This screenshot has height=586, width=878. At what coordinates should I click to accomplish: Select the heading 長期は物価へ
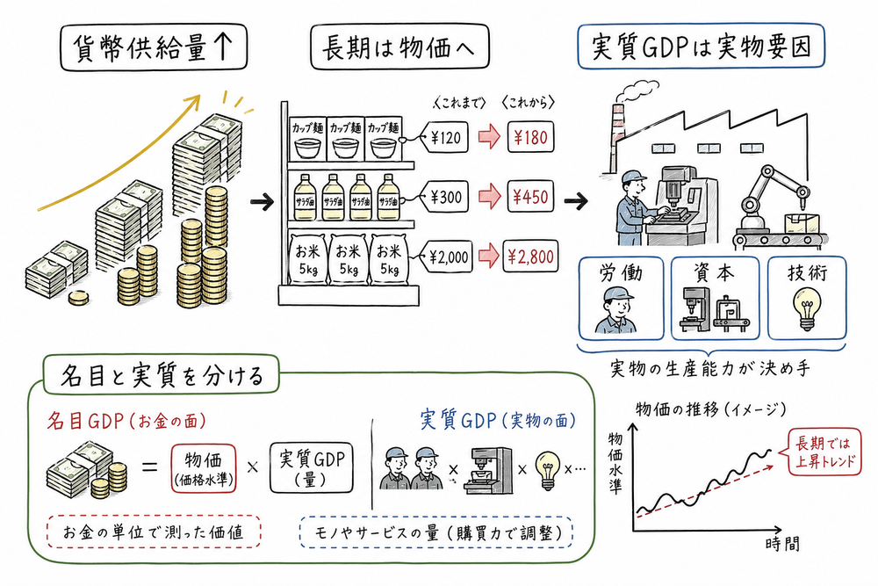(x=394, y=50)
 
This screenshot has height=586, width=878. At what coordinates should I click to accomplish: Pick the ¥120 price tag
(x=447, y=137)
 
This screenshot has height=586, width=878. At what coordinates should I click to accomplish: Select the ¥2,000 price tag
(x=449, y=257)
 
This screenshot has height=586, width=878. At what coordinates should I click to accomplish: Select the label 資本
(x=713, y=273)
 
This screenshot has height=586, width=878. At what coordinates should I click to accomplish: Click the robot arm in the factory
(x=773, y=193)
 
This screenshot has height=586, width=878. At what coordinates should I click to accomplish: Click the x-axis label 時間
(x=780, y=544)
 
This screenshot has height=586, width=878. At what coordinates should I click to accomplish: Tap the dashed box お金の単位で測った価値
(x=152, y=532)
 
